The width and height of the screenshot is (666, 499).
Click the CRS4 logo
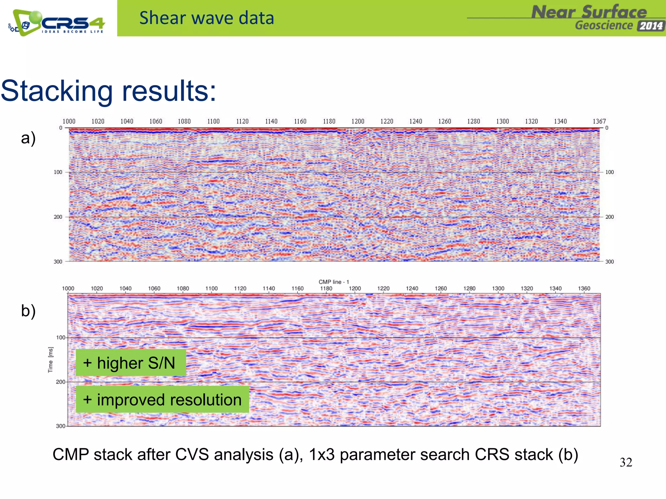57,22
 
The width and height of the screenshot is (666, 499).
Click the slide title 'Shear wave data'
206,18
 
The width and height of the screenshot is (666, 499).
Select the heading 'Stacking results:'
109,91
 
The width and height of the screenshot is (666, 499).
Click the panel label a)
28,138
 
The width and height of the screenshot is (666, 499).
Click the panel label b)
28,311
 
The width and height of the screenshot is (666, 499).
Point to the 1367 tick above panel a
599,122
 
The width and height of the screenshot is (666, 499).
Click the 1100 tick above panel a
213,122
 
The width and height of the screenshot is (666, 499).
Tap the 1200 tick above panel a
358,122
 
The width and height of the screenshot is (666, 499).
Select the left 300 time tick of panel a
58,262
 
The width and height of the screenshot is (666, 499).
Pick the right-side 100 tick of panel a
609,172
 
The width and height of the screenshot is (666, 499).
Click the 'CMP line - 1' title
334,282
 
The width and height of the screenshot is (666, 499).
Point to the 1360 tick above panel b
584,288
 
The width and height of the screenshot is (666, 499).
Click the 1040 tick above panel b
126,288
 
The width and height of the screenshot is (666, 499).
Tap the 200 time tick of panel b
60,382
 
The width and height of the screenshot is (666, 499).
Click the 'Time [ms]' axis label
50,360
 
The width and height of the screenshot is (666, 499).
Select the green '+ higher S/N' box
131,363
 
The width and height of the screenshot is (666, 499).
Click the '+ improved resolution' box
162,400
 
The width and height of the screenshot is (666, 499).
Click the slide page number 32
626,462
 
